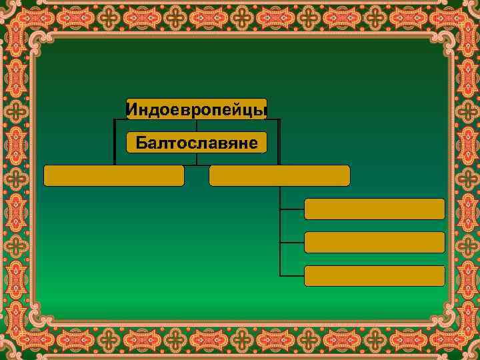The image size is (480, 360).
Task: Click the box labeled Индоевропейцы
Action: point(197,109)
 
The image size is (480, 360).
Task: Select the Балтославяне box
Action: point(197,142)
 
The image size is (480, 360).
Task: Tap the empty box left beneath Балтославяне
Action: point(113,175)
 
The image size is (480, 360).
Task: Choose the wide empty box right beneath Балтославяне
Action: point(279,175)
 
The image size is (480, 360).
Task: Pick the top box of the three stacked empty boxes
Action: point(374,209)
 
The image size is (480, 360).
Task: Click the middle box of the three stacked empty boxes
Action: point(374,242)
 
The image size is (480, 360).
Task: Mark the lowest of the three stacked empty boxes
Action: point(374,275)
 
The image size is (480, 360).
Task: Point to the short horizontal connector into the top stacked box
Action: point(292,209)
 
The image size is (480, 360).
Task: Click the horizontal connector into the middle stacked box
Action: point(292,242)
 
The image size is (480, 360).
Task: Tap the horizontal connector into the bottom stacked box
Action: point(292,275)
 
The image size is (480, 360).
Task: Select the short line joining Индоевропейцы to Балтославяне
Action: point(197,125)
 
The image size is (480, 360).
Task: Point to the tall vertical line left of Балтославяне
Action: point(115,141)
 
